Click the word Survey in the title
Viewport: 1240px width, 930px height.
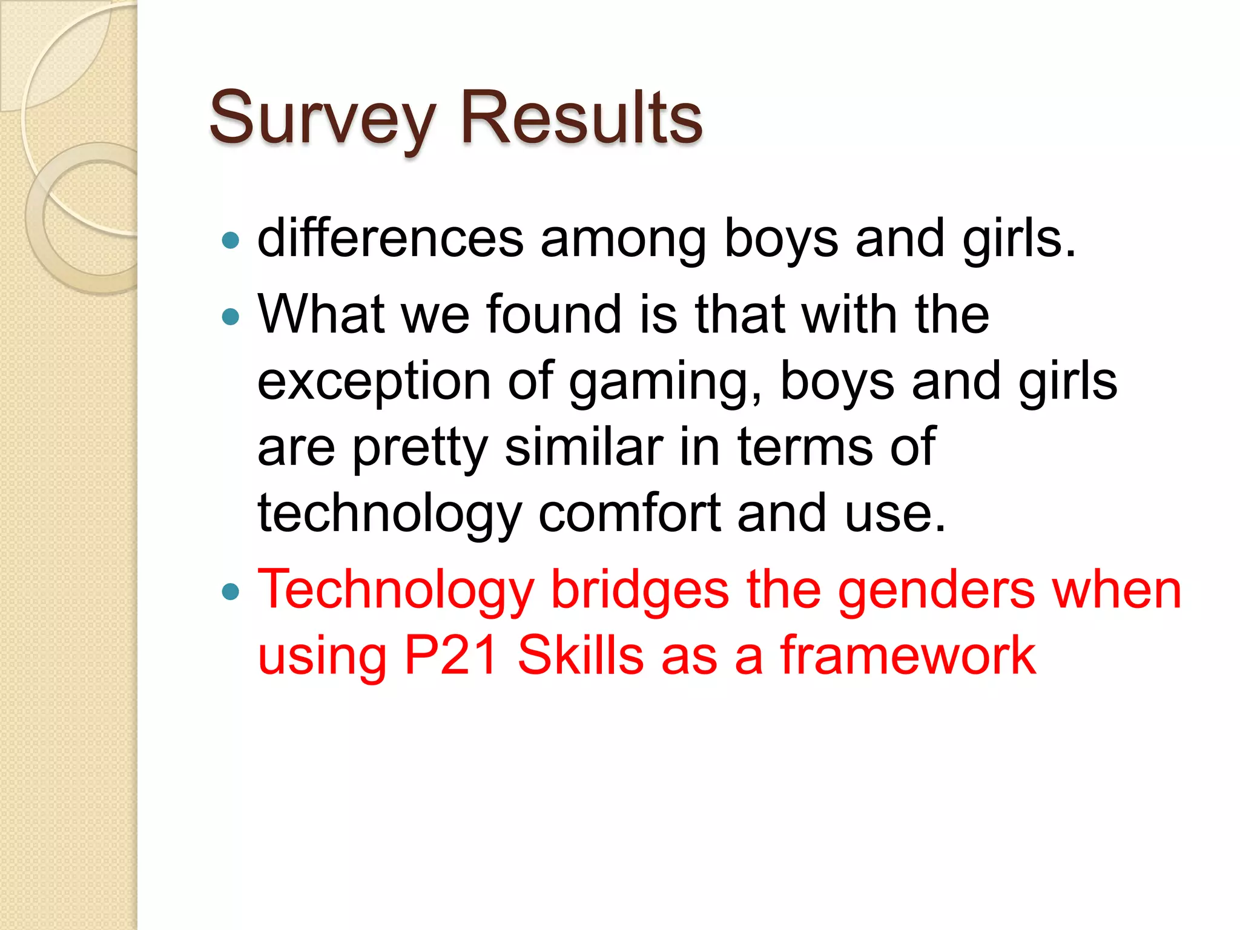(x=322, y=118)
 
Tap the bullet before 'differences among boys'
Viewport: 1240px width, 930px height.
(x=231, y=241)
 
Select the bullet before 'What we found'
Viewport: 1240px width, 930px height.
(x=231, y=317)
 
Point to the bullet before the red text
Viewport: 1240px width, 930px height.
(x=231, y=592)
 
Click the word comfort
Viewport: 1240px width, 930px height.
(x=629, y=513)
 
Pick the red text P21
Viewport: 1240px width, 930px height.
(x=451, y=656)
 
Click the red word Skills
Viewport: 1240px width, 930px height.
(x=580, y=656)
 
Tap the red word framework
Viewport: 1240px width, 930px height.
(x=908, y=656)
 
